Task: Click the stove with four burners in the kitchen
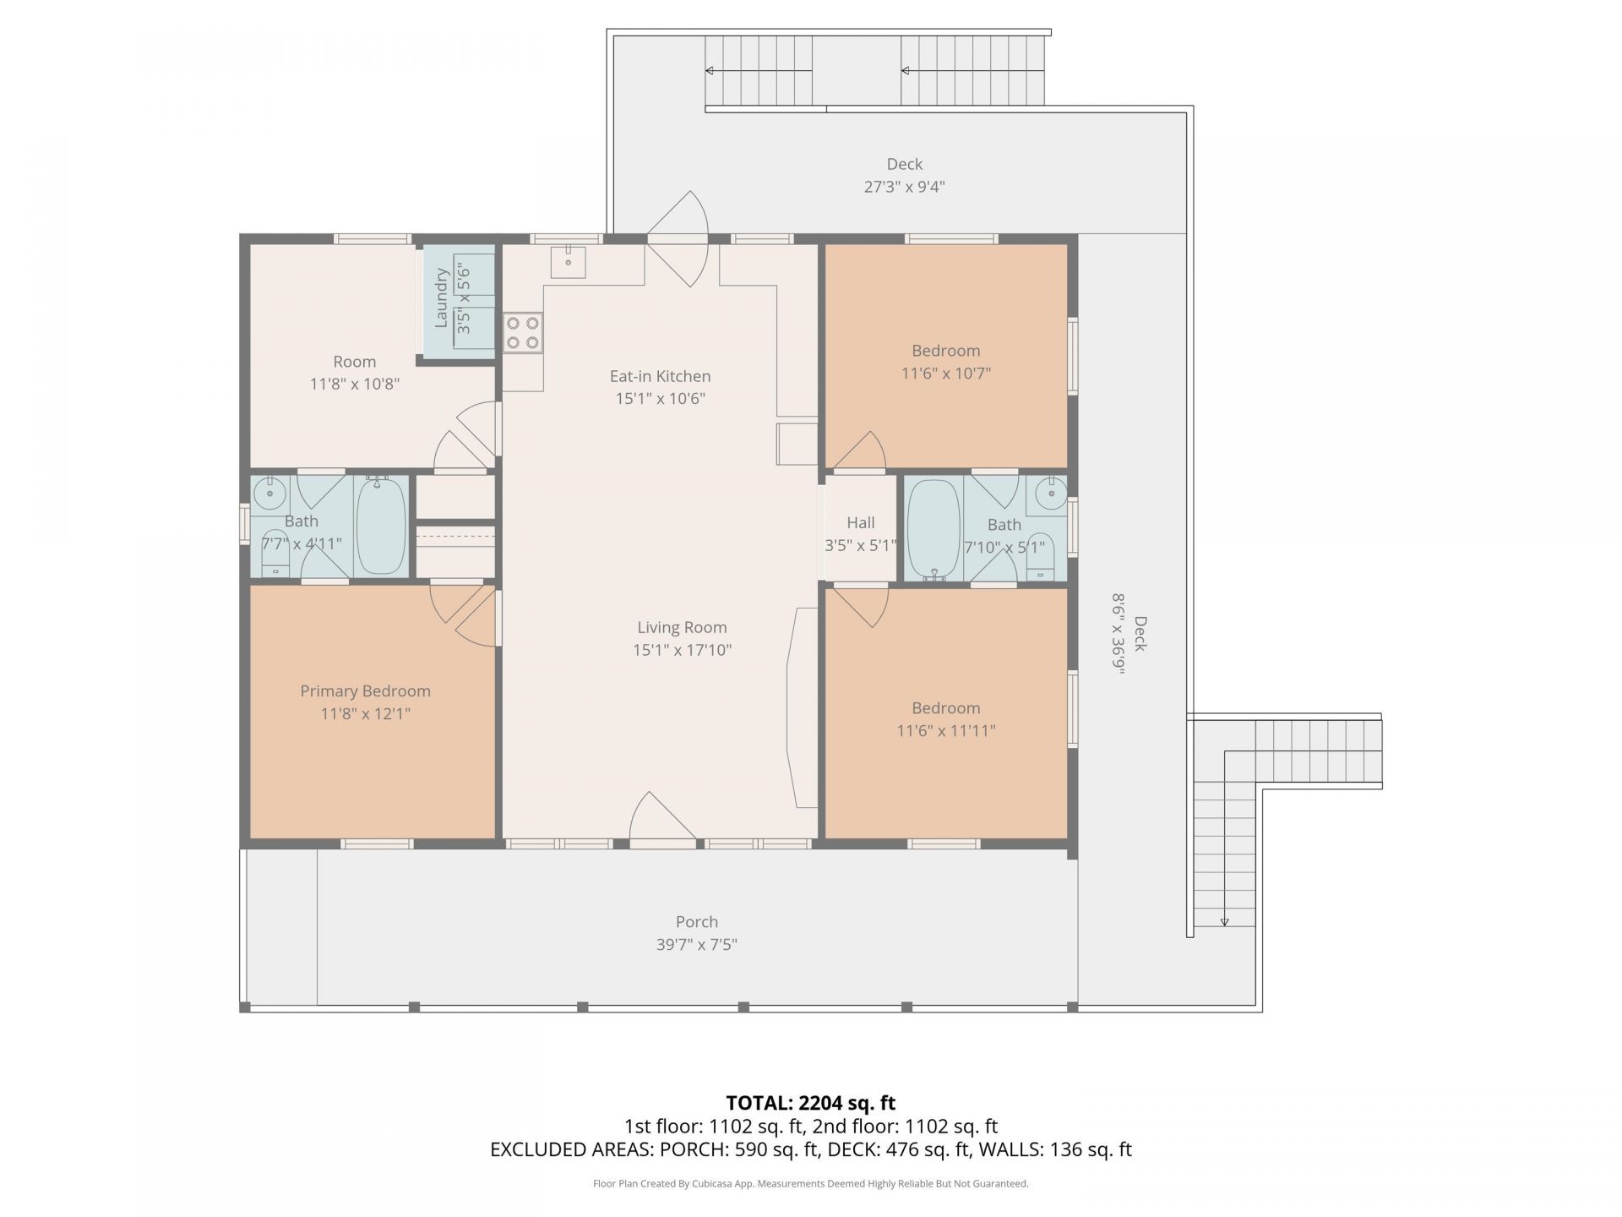pos(523,332)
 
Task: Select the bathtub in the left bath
pos(381,527)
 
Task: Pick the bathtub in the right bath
pos(933,529)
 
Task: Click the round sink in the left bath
pos(271,492)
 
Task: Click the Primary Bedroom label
pos(365,691)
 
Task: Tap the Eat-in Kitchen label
pos(660,376)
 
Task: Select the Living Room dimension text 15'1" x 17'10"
pos(682,650)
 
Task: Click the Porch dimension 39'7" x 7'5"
pos(696,944)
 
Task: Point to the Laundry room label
pos(440,297)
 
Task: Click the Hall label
pos(860,523)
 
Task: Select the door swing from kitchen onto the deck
pos(677,238)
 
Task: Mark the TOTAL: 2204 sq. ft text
pos(810,1103)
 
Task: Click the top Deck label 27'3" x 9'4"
pos(904,175)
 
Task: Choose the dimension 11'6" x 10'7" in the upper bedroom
pos(945,373)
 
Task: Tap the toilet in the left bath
pos(275,553)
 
